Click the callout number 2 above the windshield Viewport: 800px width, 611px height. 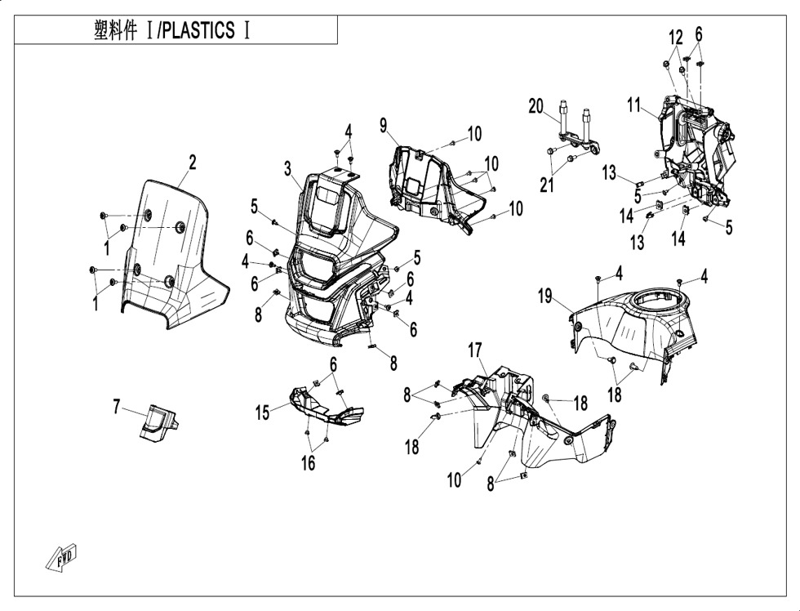point(193,162)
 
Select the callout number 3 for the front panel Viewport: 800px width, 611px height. point(288,169)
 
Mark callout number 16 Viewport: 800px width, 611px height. point(307,463)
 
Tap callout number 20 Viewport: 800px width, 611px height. point(536,105)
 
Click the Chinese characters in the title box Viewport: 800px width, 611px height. point(119,31)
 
